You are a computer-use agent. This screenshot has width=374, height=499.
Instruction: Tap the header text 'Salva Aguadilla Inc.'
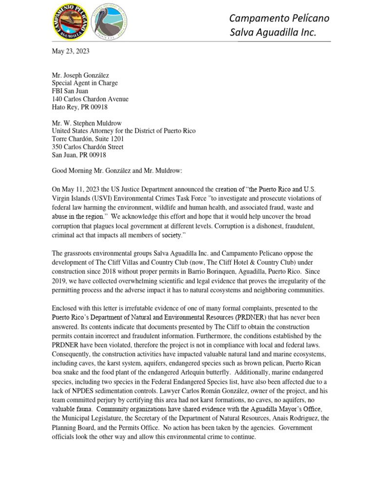coord(273,33)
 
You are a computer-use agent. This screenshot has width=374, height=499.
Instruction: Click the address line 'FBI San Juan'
coord(72,91)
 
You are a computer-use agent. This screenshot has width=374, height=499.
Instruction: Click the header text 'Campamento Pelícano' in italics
coord(279,18)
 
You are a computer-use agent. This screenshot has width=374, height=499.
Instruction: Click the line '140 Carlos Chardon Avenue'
coord(90,99)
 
